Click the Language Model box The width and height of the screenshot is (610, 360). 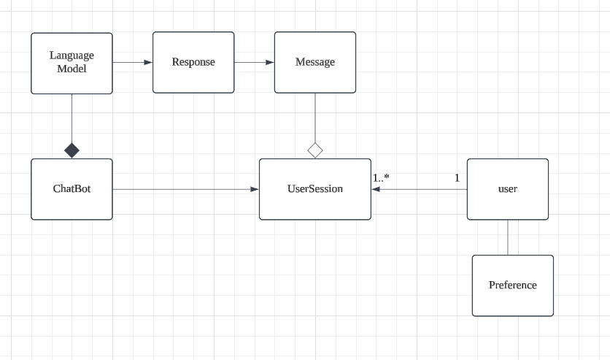pos(72,63)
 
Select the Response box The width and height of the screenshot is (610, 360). pos(193,62)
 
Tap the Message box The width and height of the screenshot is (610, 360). pos(315,62)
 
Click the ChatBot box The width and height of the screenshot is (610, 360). pos(72,189)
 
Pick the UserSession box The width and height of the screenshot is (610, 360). pos(315,189)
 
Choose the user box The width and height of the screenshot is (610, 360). pos(508,189)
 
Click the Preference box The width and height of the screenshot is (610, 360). pos(513,286)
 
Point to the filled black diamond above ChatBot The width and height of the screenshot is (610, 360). pos(72,150)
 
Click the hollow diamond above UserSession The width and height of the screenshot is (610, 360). pos(315,150)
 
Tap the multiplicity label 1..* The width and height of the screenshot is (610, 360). pos(381,178)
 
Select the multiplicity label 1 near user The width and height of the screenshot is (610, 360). pos(457,178)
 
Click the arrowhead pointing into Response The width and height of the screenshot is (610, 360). pos(148,62)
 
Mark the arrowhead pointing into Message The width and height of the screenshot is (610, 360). pos(270,62)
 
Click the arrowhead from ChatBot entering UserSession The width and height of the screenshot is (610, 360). pos(255,189)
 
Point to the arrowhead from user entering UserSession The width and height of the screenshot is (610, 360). pos(376,189)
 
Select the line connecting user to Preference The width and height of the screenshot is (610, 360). pos(508,237)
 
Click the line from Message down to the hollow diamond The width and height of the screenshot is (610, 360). pos(315,117)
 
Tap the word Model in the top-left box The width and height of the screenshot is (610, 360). pos(72,69)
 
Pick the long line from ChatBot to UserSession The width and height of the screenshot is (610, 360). pos(182,189)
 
